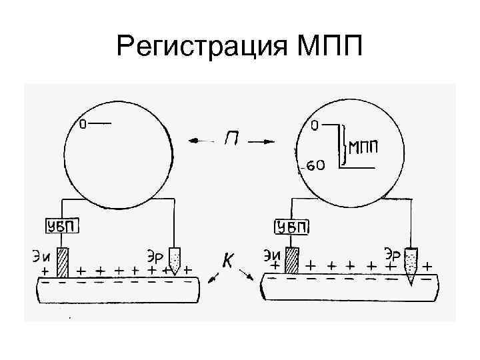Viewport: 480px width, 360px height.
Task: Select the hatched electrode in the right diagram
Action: coord(292,260)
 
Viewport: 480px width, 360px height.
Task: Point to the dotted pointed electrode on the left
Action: coord(175,261)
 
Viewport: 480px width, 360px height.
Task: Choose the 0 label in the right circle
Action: coord(315,125)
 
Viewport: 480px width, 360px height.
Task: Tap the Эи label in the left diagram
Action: coord(43,253)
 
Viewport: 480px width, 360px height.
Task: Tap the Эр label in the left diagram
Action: coord(154,253)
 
